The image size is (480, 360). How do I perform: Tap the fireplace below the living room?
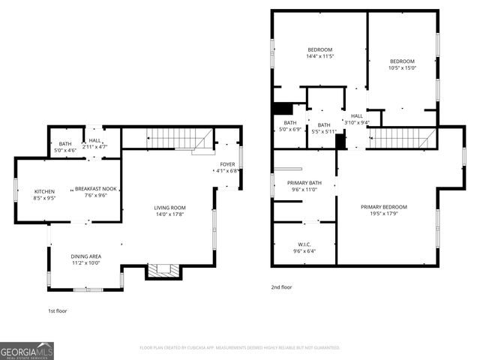click(163, 270)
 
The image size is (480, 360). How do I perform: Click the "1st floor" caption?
click(57, 310)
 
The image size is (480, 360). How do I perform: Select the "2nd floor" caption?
click(282, 287)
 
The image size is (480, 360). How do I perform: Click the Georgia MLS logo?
click(27, 349)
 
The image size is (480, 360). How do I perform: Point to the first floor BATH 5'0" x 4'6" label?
click(65, 147)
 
